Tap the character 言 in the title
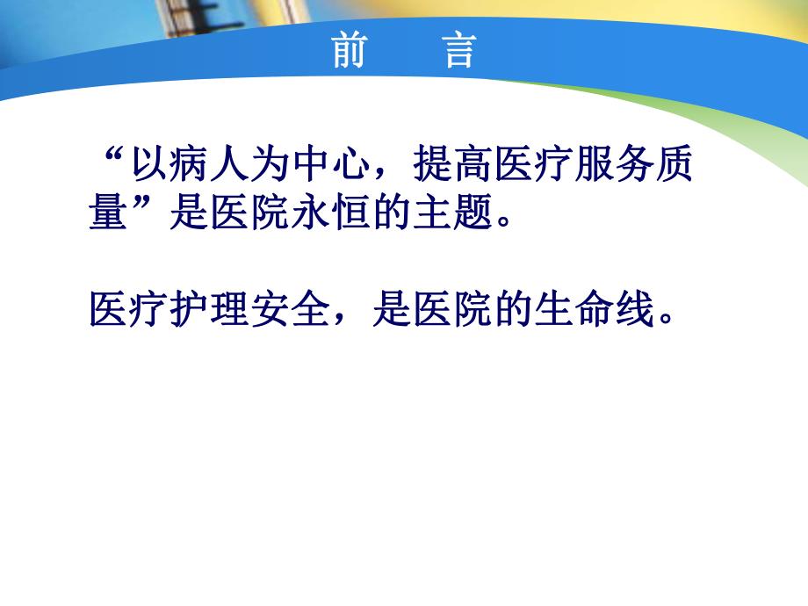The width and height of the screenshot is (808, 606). pyautogui.click(x=458, y=53)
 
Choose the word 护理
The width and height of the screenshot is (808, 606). pyautogui.click(x=207, y=307)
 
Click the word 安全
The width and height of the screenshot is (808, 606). pyautogui.click(x=288, y=307)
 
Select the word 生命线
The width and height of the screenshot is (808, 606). pyautogui.click(x=591, y=307)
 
